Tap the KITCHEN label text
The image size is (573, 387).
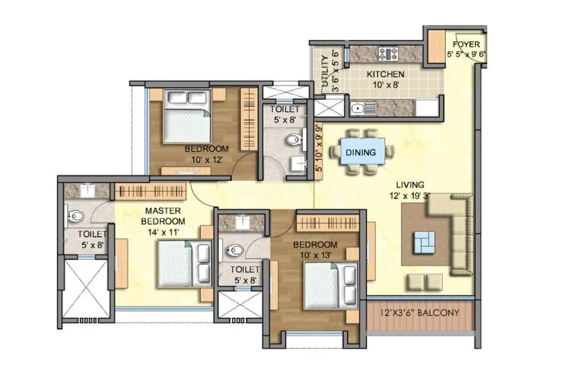pos(385,74)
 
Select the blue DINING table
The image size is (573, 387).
pos(361,152)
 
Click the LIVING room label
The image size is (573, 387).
pos(410,185)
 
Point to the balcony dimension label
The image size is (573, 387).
pos(420,313)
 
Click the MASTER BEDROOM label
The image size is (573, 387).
pos(163,215)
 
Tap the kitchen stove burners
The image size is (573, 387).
pos(388,53)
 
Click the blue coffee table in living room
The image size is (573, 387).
pos(424,242)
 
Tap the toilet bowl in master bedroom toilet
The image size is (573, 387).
pos(75,215)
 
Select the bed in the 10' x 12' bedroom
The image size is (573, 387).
pos(186,117)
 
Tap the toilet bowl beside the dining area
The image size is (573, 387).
pos(293,141)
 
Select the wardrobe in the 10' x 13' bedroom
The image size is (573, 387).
pos(327,223)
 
